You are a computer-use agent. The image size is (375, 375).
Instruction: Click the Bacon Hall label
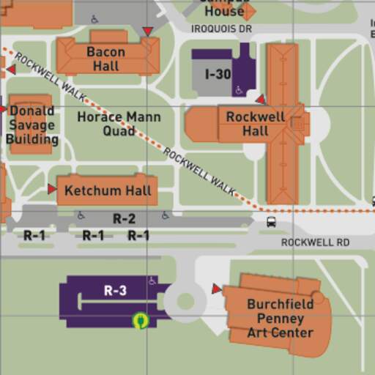tap(105, 59)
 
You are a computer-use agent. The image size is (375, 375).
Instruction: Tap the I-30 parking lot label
tap(218, 75)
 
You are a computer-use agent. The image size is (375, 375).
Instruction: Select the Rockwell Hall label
tap(256, 124)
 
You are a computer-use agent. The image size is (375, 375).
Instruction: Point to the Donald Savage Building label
tap(31, 125)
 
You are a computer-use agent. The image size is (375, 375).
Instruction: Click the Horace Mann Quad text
tap(119, 123)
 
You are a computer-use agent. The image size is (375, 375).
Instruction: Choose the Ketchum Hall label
tap(108, 191)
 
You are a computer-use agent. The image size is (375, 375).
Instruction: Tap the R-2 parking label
tap(124, 218)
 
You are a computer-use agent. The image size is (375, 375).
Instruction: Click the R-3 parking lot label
tap(115, 291)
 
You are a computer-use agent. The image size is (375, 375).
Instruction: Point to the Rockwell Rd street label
tap(315, 242)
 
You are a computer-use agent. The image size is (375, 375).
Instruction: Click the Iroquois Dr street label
tap(221, 29)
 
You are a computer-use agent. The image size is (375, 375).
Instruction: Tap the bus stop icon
tap(271, 222)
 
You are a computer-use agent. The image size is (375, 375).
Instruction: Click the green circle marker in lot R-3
tap(141, 320)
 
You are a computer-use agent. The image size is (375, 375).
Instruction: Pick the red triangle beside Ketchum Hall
tap(52, 189)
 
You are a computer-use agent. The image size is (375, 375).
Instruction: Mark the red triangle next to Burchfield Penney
tap(216, 289)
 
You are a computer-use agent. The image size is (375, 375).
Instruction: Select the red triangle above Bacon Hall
tap(148, 31)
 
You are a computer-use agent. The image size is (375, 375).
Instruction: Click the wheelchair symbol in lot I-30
tap(239, 91)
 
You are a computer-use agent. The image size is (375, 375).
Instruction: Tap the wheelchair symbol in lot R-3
tap(152, 281)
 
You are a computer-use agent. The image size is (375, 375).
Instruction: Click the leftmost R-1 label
tap(34, 236)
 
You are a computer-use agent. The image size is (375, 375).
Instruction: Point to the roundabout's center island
tap(185, 301)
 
